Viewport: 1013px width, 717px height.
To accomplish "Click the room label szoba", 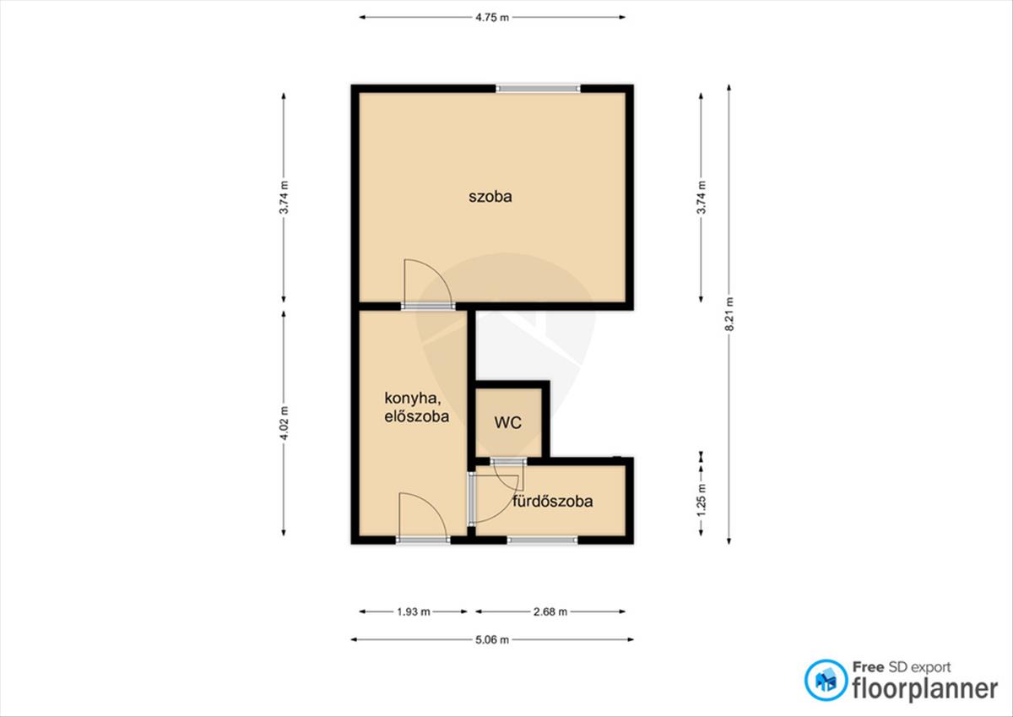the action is coord(490,196).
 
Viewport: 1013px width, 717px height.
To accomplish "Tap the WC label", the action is coord(508,422).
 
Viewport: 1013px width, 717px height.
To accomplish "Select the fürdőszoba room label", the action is coord(552,501).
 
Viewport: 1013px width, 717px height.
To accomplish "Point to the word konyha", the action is coord(413,398).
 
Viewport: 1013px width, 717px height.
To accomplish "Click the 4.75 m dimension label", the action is coord(492,18).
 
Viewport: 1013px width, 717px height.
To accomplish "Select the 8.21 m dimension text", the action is coord(729,314).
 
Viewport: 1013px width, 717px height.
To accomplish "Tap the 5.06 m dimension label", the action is coord(492,639).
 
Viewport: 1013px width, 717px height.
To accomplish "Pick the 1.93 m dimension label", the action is coord(414,611).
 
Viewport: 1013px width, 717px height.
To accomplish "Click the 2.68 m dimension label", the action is coord(550,611).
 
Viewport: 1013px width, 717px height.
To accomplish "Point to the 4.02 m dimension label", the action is coord(284,423).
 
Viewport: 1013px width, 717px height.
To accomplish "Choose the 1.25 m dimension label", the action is coord(701,500).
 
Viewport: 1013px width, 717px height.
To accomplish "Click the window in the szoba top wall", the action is coord(539,88).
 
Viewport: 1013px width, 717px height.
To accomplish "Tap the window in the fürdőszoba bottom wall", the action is coord(542,540).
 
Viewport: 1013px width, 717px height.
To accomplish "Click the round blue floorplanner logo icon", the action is coord(826,680).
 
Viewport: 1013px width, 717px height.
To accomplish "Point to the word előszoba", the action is coord(416,416).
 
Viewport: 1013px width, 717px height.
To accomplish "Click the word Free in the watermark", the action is coord(869,667).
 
